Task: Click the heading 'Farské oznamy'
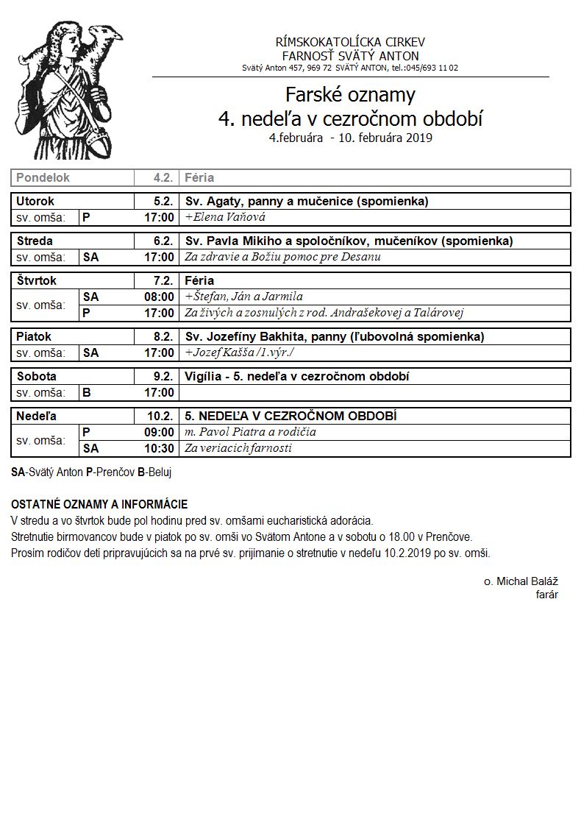350,95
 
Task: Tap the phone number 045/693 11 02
430,68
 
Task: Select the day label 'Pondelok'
43,178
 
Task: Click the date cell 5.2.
163,201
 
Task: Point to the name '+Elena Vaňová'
225,217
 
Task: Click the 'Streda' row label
35,241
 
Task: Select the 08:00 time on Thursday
159,297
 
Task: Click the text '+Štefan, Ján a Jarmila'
243,297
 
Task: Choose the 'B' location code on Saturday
87,392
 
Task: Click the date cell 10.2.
160,416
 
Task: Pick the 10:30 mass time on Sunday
159,448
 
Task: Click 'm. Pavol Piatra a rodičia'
250,432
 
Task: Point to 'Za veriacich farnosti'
238,448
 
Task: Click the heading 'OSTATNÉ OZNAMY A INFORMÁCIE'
99,504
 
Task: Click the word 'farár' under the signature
546,595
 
